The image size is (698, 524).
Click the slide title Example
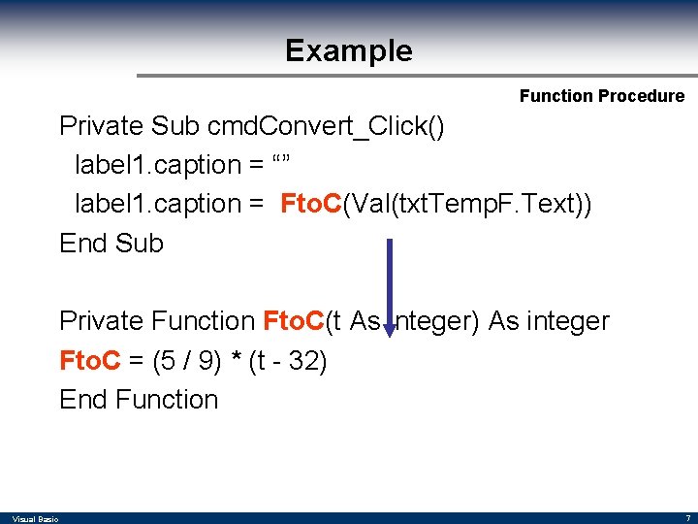click(348, 50)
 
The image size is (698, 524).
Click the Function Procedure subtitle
click(601, 95)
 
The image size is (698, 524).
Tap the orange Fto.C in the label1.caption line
click(311, 204)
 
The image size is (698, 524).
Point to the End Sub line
click(111, 243)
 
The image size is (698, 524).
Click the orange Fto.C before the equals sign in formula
click(90, 360)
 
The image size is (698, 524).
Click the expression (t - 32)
click(288, 360)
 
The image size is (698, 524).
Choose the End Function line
click(139, 399)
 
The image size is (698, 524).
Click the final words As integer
click(549, 320)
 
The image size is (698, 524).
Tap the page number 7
click(687, 518)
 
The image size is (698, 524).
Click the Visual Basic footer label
click(35, 519)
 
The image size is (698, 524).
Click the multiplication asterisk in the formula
click(236, 360)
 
